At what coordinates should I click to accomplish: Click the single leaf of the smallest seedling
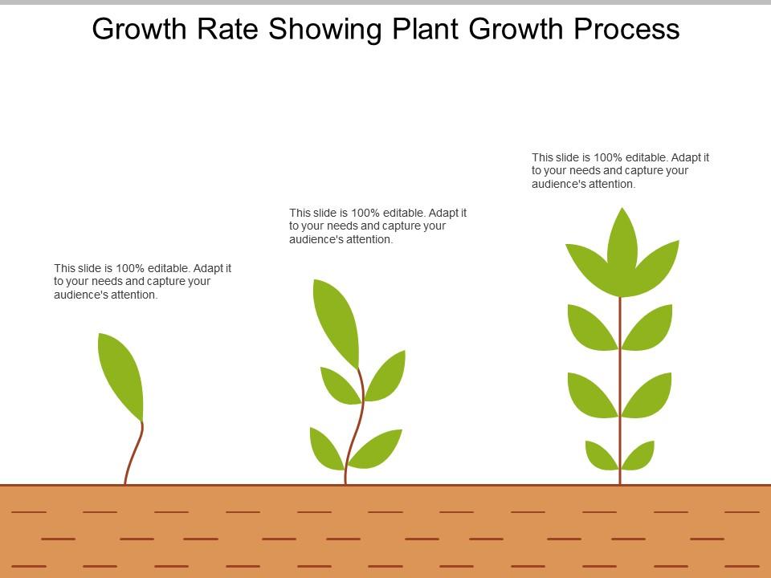click(120, 374)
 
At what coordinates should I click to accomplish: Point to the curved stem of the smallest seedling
click(134, 454)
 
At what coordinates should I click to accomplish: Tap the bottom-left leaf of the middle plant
click(326, 448)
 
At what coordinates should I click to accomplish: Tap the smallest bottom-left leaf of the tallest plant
click(602, 455)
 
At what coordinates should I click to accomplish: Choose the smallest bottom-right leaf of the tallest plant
click(638, 455)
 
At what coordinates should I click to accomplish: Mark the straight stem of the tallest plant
click(620, 361)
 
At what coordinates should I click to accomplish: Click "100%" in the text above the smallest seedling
click(131, 268)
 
